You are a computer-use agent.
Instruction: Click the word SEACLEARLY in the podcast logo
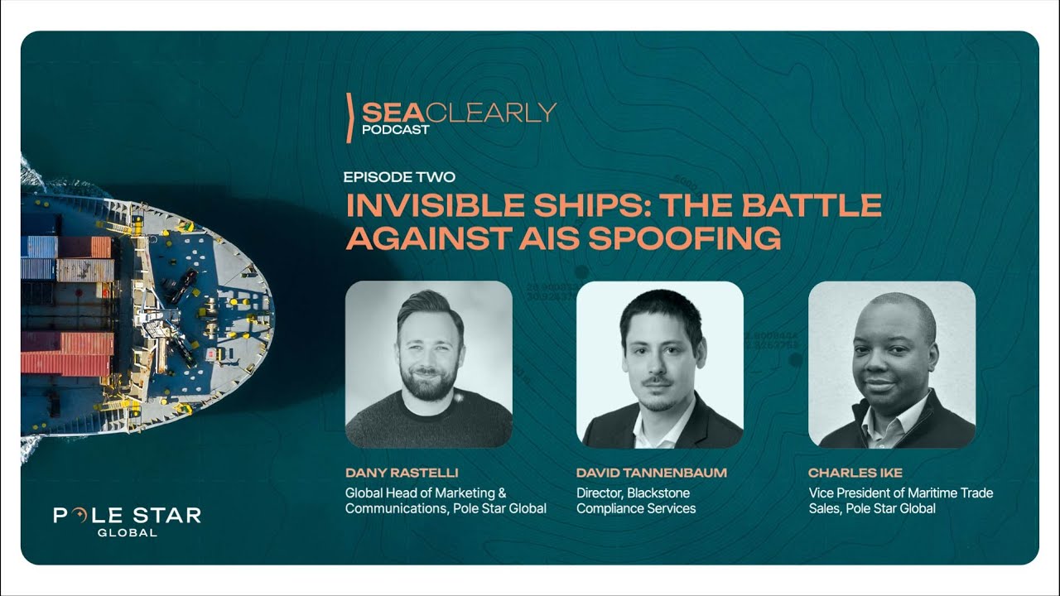point(459,112)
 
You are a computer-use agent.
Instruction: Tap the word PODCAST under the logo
point(395,129)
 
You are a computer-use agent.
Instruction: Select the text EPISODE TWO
point(399,177)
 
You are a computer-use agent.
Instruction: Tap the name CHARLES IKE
point(855,473)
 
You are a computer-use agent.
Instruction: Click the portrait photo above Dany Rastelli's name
point(428,364)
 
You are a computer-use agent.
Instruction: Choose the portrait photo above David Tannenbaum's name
point(659,364)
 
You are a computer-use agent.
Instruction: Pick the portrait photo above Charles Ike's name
point(891,364)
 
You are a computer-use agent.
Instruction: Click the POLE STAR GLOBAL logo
point(127,521)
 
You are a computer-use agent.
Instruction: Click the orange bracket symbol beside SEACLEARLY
point(351,118)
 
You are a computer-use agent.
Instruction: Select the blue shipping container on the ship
point(39,247)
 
